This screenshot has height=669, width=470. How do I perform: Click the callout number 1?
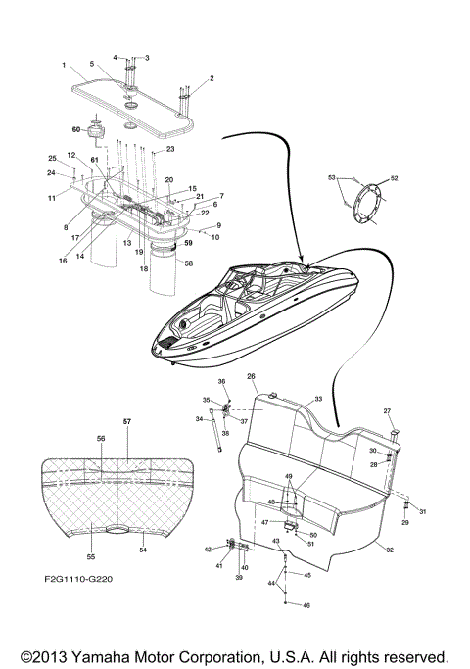pos(64,66)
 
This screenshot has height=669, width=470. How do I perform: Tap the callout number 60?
pos(74,128)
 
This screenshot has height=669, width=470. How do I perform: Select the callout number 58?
pos(190,263)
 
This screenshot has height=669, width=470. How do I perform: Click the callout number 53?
pos(331,178)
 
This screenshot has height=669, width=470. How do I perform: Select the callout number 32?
pos(391,552)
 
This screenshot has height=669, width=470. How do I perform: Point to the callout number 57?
pos(126,420)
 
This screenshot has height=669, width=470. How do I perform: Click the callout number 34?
pos(200,419)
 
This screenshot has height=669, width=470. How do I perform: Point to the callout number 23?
pos(169,149)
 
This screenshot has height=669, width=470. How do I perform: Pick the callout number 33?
pos(317,400)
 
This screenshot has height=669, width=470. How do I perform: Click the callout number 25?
pos(53,158)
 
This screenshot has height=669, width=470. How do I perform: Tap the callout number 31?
pos(423,511)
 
